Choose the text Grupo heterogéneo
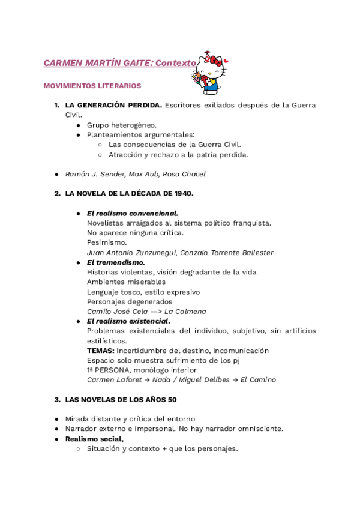[x=121, y=125]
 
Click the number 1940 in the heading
[x=182, y=193]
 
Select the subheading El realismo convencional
[x=132, y=213]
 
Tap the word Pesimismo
[x=107, y=242]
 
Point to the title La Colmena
[x=185, y=312]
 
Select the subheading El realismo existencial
[x=128, y=321]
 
